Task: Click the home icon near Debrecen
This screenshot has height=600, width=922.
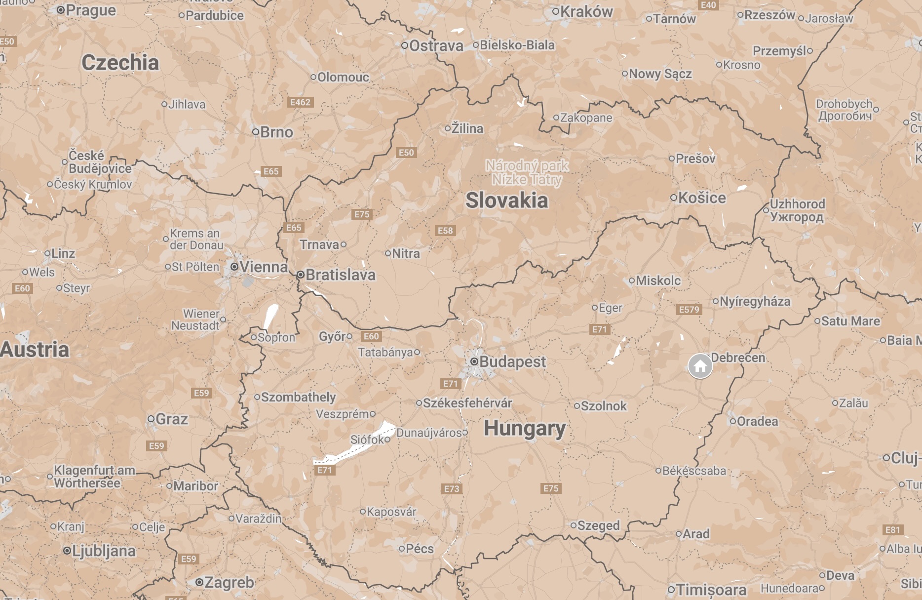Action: click(700, 366)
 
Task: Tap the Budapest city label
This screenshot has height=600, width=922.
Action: click(512, 362)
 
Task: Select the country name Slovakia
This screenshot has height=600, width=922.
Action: click(506, 200)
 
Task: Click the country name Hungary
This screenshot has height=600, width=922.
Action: click(524, 428)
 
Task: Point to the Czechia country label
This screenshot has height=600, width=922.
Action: click(120, 63)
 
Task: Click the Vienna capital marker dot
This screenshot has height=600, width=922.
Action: click(234, 267)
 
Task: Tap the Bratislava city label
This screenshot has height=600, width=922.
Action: click(341, 275)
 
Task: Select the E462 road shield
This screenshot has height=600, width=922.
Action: click(300, 102)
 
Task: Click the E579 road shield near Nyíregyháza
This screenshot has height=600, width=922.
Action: click(689, 310)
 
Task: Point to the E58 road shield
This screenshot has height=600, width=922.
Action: click(445, 231)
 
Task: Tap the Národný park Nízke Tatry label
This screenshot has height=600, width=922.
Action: click(527, 172)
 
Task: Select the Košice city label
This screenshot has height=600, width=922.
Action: click(702, 198)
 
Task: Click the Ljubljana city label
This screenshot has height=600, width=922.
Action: click(104, 551)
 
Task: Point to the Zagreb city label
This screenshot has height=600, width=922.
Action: click(229, 583)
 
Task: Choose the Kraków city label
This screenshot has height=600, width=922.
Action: click(586, 12)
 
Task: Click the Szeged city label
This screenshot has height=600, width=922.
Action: click(598, 525)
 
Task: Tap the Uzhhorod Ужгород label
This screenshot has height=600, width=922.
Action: click(797, 210)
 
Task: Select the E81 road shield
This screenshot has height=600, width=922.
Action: click(892, 530)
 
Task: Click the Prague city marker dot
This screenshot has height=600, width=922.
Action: click(61, 10)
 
